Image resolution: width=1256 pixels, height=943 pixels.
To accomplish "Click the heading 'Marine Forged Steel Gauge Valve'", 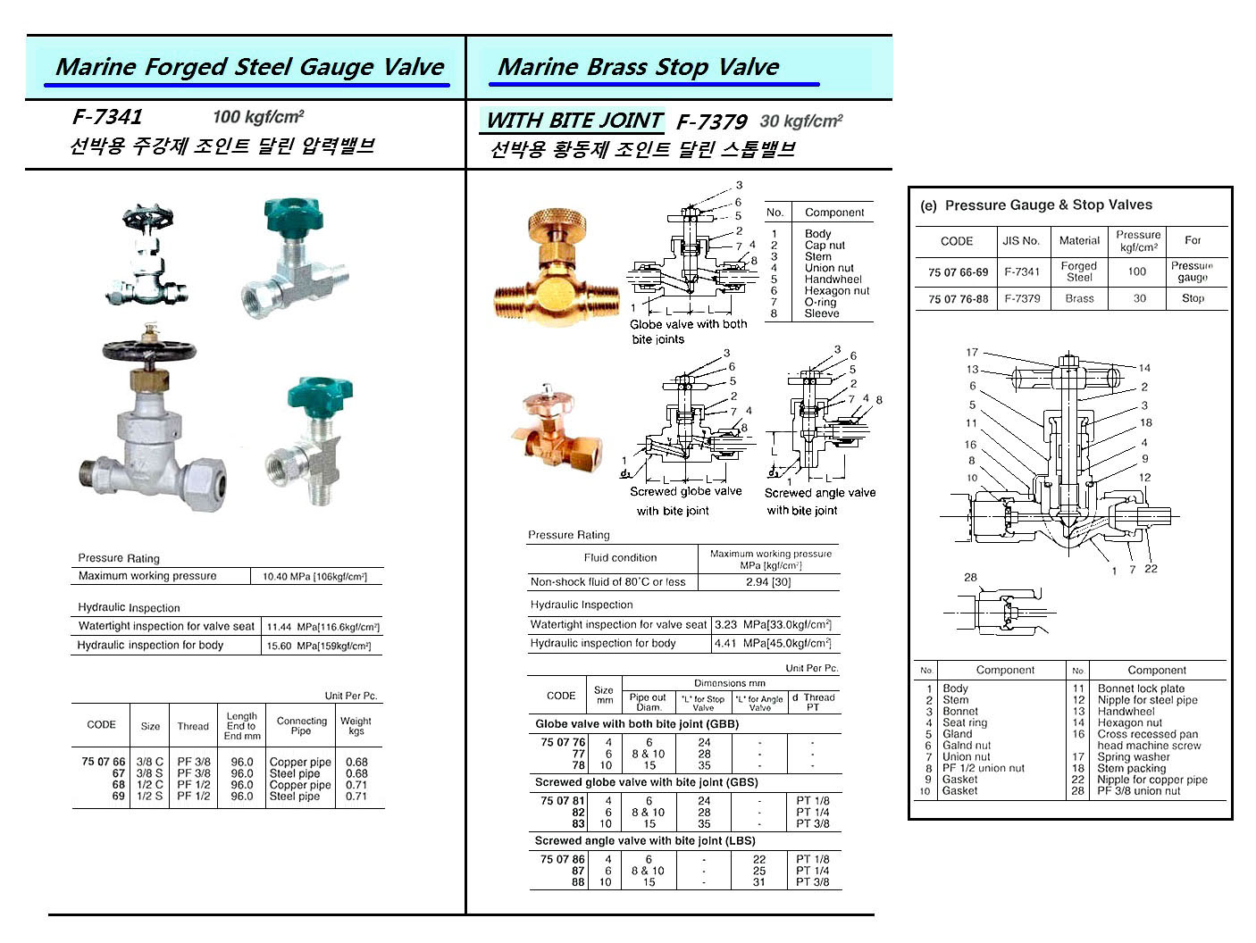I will pos(249,67).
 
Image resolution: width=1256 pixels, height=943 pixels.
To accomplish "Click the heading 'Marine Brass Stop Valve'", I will pos(638,67).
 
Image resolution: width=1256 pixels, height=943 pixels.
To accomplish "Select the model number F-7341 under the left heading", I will pos(107,117).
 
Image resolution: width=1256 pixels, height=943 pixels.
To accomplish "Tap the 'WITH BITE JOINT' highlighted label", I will pos(574,121).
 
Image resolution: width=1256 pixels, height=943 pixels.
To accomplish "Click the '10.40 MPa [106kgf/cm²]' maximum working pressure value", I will pos(314,577).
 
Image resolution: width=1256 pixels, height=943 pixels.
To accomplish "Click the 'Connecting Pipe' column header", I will pos(302,725).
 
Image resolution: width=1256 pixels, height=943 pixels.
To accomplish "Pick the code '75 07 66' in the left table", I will pos(103,762).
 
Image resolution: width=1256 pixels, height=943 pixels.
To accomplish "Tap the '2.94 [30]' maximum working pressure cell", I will pos(768,582).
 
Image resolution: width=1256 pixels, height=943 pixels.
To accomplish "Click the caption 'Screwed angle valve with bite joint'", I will pos(819,501).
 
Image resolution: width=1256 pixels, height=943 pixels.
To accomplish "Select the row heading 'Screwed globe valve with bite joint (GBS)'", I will pos(646,782).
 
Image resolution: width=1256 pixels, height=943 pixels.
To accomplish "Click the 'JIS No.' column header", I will pos(1021,240).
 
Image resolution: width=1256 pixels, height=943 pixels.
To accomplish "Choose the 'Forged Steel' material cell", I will pos(1078,271).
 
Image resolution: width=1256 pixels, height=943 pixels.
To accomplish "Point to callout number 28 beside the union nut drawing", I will pos(970,578).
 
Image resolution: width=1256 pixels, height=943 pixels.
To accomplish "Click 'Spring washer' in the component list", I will pos(1133,756).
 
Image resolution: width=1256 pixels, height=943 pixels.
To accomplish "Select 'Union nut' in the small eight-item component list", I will pos(828,268).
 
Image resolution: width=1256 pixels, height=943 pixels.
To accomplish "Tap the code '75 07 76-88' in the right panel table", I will pos(958,299).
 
